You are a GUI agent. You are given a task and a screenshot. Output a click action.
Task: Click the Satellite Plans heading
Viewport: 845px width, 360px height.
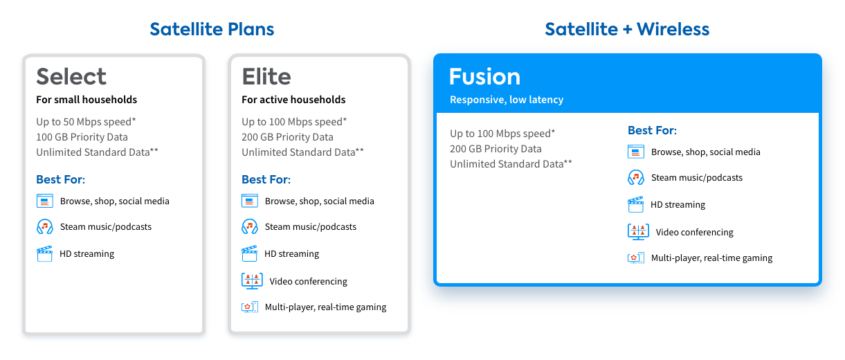tap(212, 29)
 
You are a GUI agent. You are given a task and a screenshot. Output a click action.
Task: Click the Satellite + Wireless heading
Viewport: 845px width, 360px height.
tap(627, 29)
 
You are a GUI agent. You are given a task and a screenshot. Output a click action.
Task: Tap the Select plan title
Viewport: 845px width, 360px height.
tap(71, 76)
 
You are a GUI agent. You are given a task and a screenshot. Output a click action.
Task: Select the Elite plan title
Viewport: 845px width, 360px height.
tap(266, 76)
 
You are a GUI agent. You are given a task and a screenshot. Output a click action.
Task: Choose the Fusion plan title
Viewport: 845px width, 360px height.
tap(484, 76)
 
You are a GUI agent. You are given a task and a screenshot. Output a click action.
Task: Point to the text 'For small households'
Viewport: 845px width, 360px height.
tap(87, 100)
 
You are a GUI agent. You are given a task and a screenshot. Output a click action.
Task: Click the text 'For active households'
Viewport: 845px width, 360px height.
tap(293, 100)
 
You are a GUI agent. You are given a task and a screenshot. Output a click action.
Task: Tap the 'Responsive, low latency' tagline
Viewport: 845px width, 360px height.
tap(507, 100)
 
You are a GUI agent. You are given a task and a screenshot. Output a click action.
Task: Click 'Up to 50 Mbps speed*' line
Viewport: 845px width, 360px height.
tap(86, 122)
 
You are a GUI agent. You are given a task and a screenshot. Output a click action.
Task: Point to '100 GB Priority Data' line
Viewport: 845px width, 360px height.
tap(82, 137)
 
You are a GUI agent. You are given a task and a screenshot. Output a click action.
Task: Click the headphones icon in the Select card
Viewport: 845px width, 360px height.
tap(44, 226)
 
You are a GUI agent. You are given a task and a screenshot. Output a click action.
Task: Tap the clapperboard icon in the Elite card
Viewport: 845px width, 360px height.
tap(250, 253)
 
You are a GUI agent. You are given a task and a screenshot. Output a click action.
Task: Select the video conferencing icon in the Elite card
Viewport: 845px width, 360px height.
tap(251, 280)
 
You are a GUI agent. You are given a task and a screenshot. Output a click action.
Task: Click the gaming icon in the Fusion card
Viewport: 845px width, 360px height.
tap(635, 258)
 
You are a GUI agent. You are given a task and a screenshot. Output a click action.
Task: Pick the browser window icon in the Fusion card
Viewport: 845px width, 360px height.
tap(635, 152)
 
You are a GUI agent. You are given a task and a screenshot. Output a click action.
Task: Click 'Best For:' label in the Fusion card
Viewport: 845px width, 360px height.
tap(652, 130)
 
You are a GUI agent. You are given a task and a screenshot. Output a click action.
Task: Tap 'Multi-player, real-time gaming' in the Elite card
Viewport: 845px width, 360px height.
tap(325, 307)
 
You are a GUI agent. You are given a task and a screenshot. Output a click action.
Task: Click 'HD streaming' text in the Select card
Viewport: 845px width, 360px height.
tap(87, 254)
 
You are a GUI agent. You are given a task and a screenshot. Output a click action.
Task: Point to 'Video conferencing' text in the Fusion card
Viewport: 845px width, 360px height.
tap(694, 232)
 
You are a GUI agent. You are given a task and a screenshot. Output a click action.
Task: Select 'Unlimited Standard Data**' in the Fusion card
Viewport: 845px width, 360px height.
tap(511, 164)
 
